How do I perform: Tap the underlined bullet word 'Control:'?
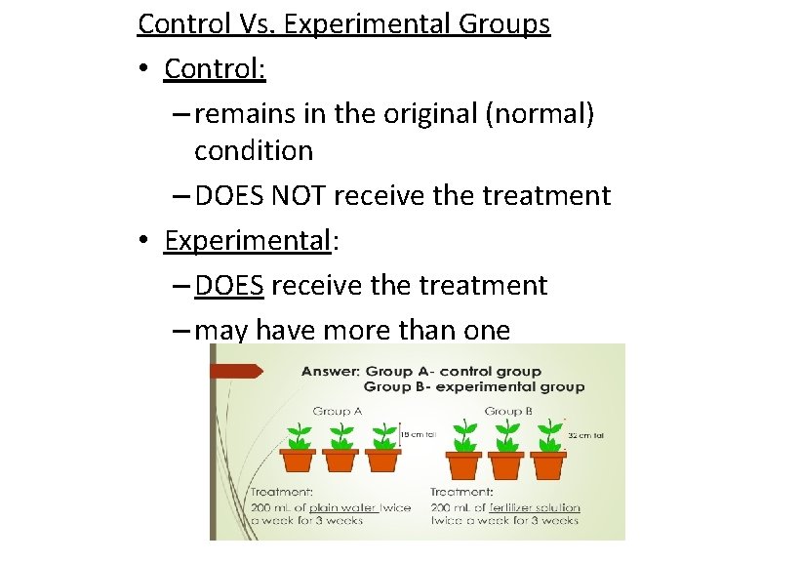click(x=215, y=69)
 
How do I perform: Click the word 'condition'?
click(x=253, y=151)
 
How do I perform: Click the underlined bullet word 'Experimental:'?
click(x=248, y=241)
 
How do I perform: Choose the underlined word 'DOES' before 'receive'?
click(x=229, y=286)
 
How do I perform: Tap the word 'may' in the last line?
click(x=220, y=331)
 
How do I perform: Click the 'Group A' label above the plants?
click(x=338, y=412)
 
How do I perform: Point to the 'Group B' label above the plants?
click(x=507, y=412)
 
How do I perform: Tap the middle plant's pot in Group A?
click(x=340, y=460)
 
